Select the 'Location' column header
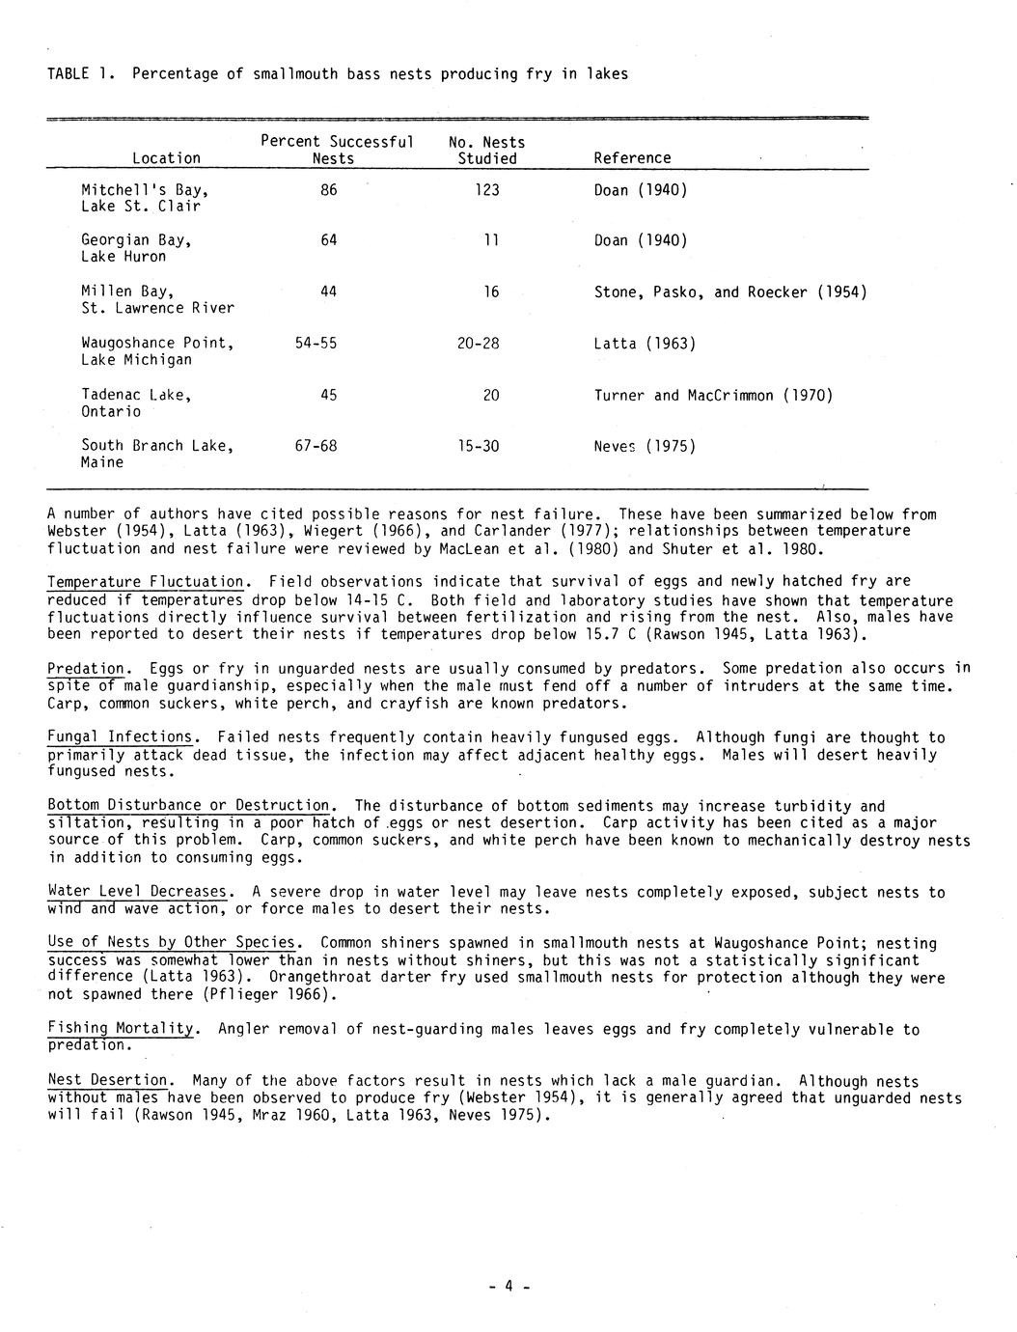click(167, 158)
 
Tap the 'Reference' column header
click(632, 158)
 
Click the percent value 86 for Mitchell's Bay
click(329, 190)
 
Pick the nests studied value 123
click(487, 190)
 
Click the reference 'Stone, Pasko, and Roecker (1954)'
click(729, 291)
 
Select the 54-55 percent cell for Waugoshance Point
click(316, 344)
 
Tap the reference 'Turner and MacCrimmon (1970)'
click(713, 395)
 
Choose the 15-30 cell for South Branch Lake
click(479, 446)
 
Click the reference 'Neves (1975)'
click(645, 446)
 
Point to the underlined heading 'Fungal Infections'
click(120, 737)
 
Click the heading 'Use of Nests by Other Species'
click(174, 943)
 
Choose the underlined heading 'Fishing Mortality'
click(122, 1030)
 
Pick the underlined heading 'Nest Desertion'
click(109, 1081)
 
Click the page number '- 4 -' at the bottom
click(509, 1287)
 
